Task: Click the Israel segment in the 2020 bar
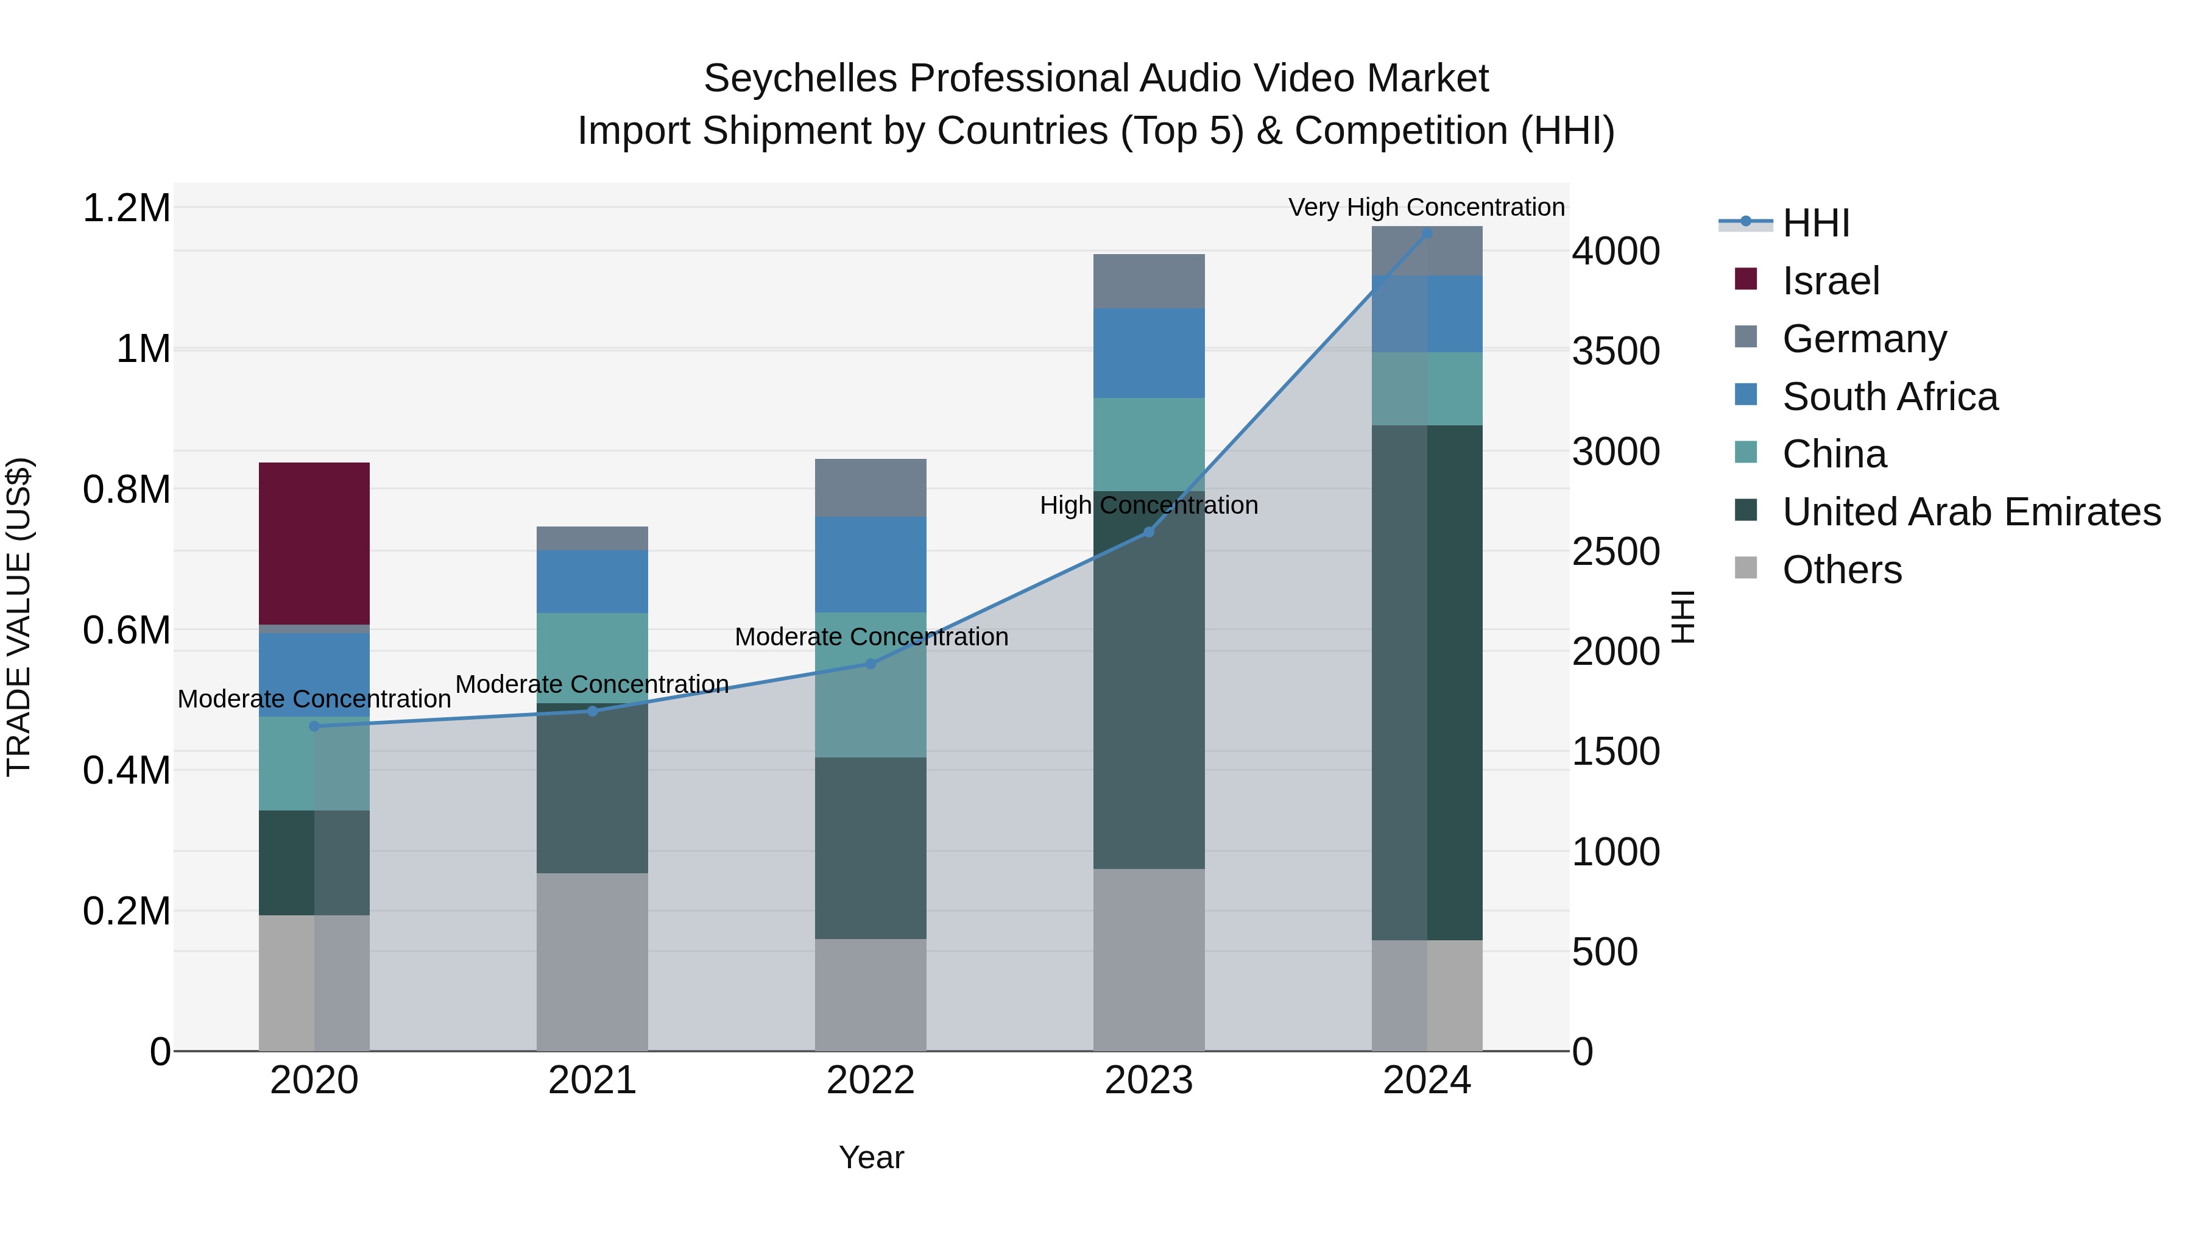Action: (314, 544)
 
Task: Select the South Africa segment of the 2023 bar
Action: (1148, 353)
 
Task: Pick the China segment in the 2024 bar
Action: (1427, 388)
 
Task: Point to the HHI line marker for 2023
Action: (1148, 532)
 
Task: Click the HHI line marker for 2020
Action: (314, 726)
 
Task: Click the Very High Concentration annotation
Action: (1426, 207)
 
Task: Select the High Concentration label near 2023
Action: (1148, 505)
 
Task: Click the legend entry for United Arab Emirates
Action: (1971, 512)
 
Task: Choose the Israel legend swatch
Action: (1745, 279)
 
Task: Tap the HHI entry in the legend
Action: (1815, 223)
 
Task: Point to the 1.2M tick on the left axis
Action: (126, 208)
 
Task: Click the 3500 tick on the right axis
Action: (1615, 351)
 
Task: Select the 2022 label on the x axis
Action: (870, 1080)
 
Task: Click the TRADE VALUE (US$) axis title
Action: (19, 617)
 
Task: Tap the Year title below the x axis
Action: (871, 1157)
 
